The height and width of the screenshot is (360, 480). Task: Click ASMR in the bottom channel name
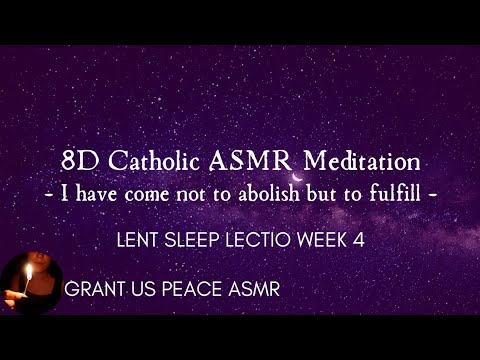pyautogui.click(x=252, y=290)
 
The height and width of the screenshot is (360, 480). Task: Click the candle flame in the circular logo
pyautogui.click(x=28, y=271)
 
